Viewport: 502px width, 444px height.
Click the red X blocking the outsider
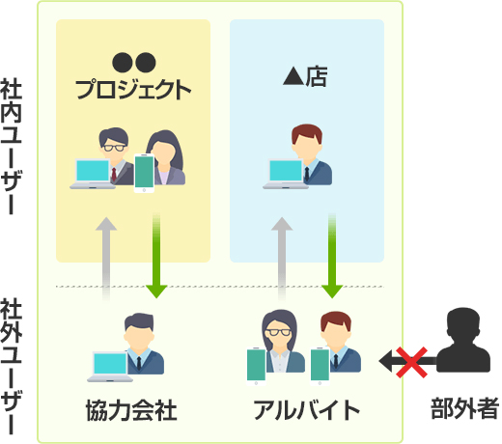(x=411, y=362)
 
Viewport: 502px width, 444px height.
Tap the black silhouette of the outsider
(x=463, y=340)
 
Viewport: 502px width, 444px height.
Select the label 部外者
(x=464, y=408)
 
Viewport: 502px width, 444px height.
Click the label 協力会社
(x=131, y=410)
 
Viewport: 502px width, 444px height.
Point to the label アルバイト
(x=306, y=410)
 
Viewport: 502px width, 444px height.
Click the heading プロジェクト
(x=133, y=89)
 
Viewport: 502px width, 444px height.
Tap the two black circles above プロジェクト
(x=134, y=63)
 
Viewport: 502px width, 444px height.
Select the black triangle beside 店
(x=293, y=77)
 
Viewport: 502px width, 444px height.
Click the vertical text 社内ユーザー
(x=11, y=147)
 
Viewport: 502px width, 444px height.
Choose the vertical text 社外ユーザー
(x=11, y=367)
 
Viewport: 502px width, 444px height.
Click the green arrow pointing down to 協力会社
(x=156, y=256)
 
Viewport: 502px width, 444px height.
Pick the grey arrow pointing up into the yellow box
(x=106, y=260)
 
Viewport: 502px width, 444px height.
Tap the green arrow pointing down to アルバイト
(x=332, y=256)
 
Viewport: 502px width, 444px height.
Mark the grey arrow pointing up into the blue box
(x=282, y=260)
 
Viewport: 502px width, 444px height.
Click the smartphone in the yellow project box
(x=144, y=174)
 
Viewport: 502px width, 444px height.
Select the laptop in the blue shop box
(x=285, y=174)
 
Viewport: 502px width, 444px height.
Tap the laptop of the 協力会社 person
(x=110, y=367)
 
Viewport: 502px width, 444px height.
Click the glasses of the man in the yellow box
(x=114, y=148)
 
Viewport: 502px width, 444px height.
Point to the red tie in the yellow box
(x=114, y=175)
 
